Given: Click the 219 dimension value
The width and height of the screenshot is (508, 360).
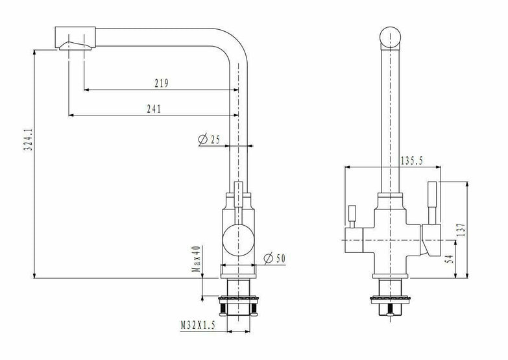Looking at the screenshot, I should pyautogui.click(x=162, y=82).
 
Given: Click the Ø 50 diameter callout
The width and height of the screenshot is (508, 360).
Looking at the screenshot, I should pyautogui.click(x=275, y=259).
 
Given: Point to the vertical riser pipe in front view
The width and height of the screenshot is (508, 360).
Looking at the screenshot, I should pyautogui.click(x=393, y=117).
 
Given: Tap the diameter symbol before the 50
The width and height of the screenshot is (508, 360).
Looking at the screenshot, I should pyautogui.click(x=267, y=259).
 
